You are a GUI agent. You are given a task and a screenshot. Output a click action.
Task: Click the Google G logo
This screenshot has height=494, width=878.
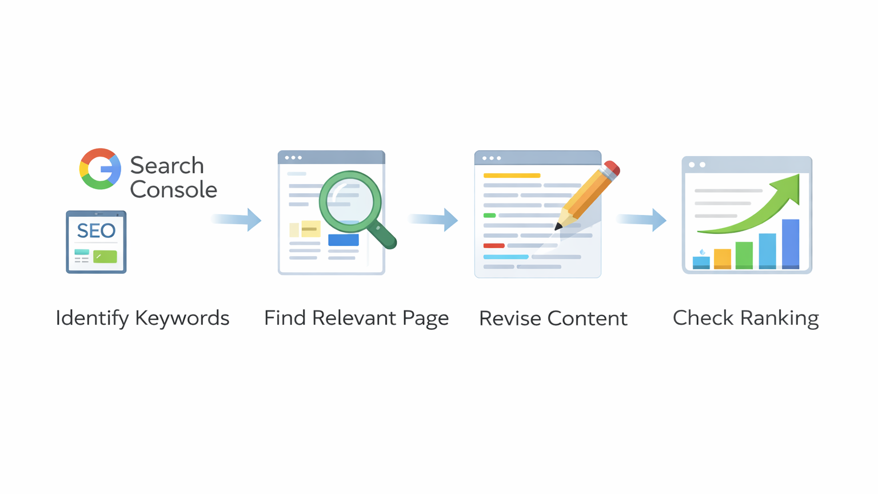pyautogui.click(x=100, y=169)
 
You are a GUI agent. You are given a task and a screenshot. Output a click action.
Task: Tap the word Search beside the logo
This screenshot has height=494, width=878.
pyautogui.click(x=167, y=166)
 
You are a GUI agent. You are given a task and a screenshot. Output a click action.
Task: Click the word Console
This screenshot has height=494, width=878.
pyautogui.click(x=173, y=190)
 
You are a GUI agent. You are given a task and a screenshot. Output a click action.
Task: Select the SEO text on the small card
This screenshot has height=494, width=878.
pyautogui.click(x=96, y=231)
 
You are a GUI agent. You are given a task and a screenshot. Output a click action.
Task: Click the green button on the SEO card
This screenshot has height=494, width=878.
pyautogui.click(x=105, y=257)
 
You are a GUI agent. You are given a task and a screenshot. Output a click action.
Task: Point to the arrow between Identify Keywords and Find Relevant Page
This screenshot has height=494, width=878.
pyautogui.click(x=237, y=220)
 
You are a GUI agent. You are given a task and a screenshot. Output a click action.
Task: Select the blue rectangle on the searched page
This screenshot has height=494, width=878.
pyautogui.click(x=344, y=240)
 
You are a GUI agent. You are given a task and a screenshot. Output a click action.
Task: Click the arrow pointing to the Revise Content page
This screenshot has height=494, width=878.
pyautogui.click(x=434, y=220)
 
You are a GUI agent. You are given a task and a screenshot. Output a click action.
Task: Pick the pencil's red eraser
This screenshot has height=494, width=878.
pyautogui.click(x=612, y=168)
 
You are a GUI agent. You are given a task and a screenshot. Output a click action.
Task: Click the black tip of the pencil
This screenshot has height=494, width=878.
pyautogui.click(x=558, y=226)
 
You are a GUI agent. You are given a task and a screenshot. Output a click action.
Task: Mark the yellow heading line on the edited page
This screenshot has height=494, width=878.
pyautogui.click(x=512, y=176)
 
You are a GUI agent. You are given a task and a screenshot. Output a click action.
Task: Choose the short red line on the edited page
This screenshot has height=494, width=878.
pyautogui.click(x=494, y=246)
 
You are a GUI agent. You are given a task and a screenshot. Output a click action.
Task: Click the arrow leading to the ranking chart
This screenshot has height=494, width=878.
pyautogui.click(x=642, y=220)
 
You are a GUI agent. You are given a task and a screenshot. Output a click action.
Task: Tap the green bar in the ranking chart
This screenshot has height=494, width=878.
pyautogui.click(x=744, y=254)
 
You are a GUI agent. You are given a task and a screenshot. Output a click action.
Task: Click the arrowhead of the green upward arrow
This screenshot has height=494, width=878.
pyautogui.click(x=789, y=186)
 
